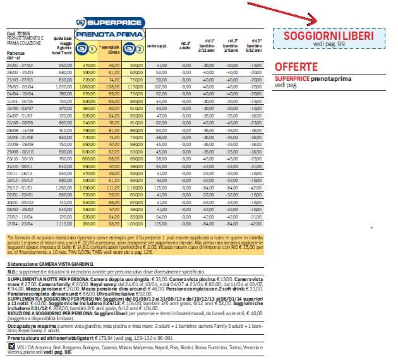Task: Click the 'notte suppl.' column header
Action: [x=156, y=47]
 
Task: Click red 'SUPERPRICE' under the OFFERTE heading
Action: [x=292, y=78]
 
